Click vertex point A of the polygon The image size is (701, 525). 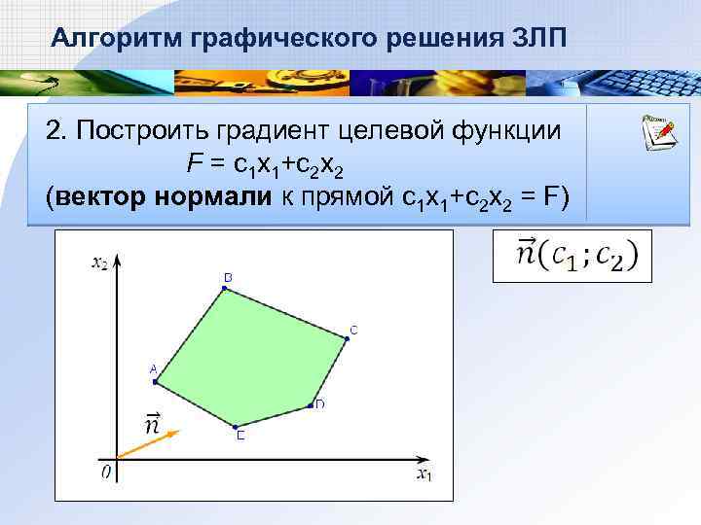click(x=156, y=382)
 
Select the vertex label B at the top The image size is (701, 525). click(x=228, y=278)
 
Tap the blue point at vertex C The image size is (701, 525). click(x=347, y=337)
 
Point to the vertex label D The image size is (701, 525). click(x=319, y=404)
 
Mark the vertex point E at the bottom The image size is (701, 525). click(x=236, y=427)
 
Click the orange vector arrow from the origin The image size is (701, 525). click(x=146, y=444)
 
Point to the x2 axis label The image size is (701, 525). click(x=98, y=262)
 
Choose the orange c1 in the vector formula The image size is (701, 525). click(x=562, y=256)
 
